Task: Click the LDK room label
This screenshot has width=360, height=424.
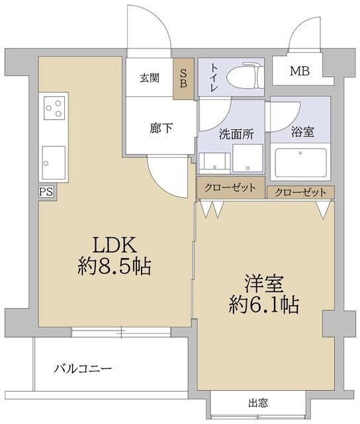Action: click(x=114, y=245)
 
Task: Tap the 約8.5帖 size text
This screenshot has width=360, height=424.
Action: click(x=114, y=267)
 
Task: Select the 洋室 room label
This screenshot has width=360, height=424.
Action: click(x=262, y=284)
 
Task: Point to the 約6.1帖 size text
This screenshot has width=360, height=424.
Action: click(x=262, y=305)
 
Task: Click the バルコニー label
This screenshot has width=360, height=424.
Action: click(x=83, y=368)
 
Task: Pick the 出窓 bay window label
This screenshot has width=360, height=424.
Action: click(x=258, y=402)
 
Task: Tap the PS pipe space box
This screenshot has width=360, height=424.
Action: click(x=46, y=191)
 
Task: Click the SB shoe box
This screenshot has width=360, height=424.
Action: click(x=181, y=78)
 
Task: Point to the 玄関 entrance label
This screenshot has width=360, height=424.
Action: click(x=149, y=78)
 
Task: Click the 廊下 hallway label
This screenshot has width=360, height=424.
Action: click(x=161, y=128)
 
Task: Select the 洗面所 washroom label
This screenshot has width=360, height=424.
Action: click(x=236, y=133)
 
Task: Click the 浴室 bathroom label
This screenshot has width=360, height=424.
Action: click(x=302, y=131)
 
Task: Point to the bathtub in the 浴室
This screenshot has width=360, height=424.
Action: click(x=302, y=162)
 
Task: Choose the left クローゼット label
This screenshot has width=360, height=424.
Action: click(x=230, y=187)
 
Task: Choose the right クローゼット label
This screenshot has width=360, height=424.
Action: click(x=300, y=192)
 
